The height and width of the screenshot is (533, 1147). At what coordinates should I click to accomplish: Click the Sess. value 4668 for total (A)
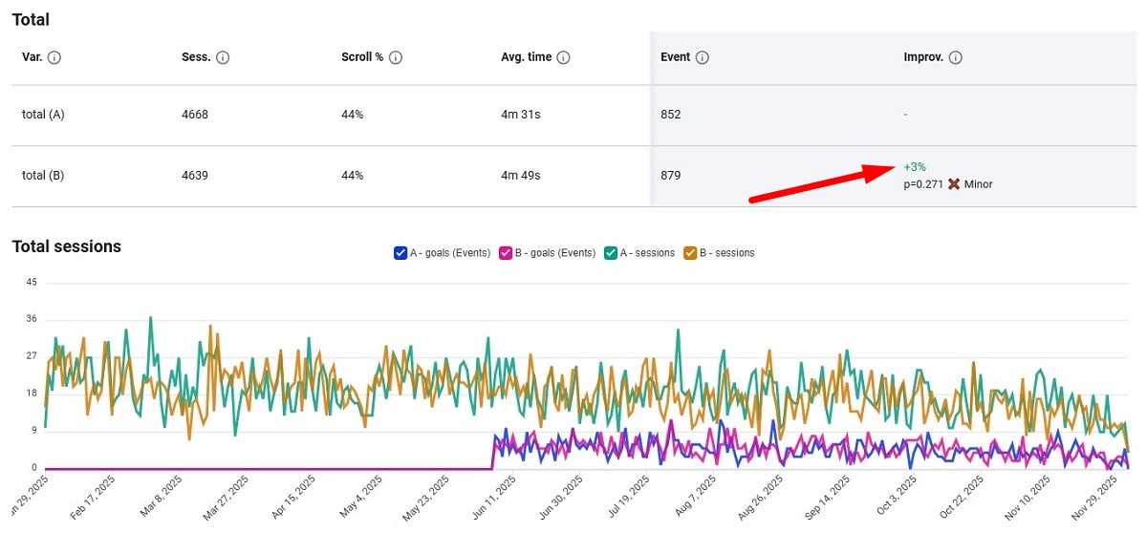pyautogui.click(x=195, y=115)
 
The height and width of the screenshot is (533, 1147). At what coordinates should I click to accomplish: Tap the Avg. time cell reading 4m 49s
pyautogui.click(x=521, y=176)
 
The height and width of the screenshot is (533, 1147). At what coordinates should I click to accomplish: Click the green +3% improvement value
pyautogui.click(x=915, y=167)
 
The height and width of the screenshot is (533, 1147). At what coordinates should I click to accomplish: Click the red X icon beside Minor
pyautogui.click(x=954, y=184)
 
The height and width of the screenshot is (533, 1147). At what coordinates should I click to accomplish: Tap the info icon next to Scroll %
pyautogui.click(x=396, y=57)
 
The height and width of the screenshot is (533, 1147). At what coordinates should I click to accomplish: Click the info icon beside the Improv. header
pyautogui.click(x=956, y=57)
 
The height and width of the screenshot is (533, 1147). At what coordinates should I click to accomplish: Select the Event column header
pyautogui.click(x=675, y=57)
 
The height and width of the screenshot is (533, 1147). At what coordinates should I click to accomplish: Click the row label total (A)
pyautogui.click(x=43, y=115)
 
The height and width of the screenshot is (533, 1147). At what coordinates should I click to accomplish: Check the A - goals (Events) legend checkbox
pyautogui.click(x=400, y=253)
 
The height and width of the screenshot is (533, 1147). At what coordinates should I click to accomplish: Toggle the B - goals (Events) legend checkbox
pyautogui.click(x=506, y=253)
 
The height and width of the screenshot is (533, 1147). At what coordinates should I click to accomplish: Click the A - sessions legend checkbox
pyautogui.click(x=611, y=253)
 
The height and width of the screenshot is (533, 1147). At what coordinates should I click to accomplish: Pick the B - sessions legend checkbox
pyautogui.click(x=690, y=253)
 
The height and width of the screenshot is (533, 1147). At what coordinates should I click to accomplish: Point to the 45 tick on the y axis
pyautogui.click(x=32, y=282)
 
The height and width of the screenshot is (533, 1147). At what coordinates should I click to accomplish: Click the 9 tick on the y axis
pyautogui.click(x=33, y=431)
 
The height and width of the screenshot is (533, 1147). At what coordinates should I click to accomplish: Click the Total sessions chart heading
pyautogui.click(x=67, y=246)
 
